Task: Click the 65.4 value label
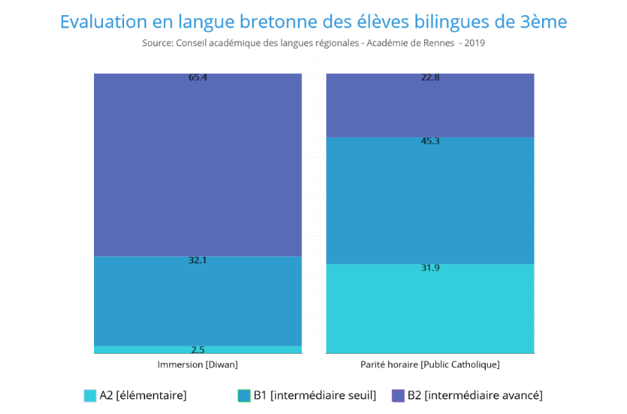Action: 198,78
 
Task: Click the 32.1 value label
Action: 198,260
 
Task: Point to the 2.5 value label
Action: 198,349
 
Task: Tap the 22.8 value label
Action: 430,78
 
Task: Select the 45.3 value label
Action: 430,141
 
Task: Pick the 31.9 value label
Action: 430,268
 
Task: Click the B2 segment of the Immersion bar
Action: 198,166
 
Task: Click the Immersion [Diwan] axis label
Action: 198,364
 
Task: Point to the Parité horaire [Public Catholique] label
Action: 430,364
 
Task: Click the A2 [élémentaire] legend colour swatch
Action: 90,395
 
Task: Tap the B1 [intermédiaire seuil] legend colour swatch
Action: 244,395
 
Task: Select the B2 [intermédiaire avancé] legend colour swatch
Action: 398,395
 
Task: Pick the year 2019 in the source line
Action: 474,43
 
